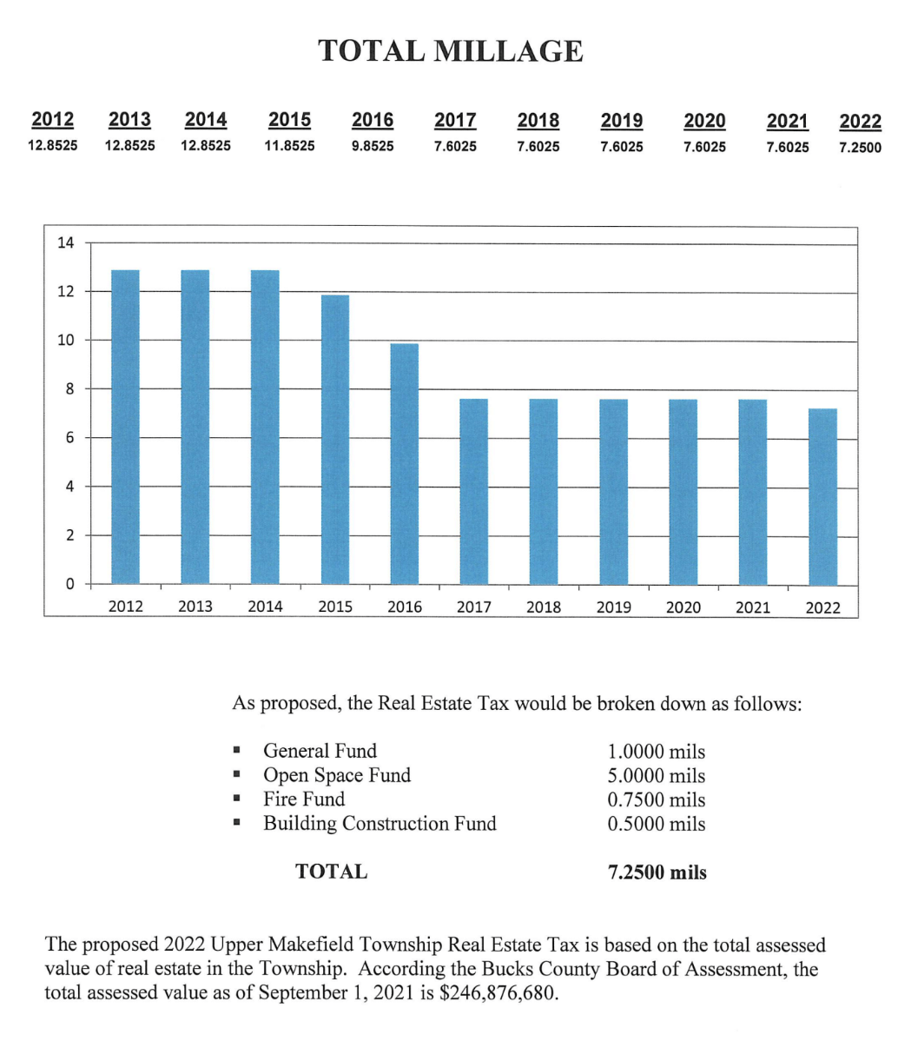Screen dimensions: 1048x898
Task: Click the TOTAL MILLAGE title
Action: (450, 51)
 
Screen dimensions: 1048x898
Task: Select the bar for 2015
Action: (335, 439)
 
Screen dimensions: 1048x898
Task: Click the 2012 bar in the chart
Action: (126, 427)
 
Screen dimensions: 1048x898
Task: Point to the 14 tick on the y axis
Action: (66, 242)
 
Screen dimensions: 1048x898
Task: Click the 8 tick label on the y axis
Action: (69, 388)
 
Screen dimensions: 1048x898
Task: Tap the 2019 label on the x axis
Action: (613, 607)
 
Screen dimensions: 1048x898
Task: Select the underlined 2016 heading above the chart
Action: (373, 120)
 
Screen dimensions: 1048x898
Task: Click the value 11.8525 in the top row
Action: (289, 146)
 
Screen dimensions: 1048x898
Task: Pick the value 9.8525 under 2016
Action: (373, 146)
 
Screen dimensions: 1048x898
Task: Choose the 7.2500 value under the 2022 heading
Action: (860, 147)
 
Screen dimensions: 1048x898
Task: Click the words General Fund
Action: (320, 751)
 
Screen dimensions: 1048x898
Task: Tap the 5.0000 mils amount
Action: (657, 775)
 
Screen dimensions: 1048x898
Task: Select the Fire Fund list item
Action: (304, 799)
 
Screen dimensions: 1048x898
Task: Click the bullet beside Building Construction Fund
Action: (235, 824)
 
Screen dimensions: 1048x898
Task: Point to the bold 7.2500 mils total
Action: (657, 872)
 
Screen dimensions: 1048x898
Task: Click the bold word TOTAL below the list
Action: (331, 872)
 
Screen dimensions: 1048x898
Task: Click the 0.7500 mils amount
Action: (657, 799)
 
